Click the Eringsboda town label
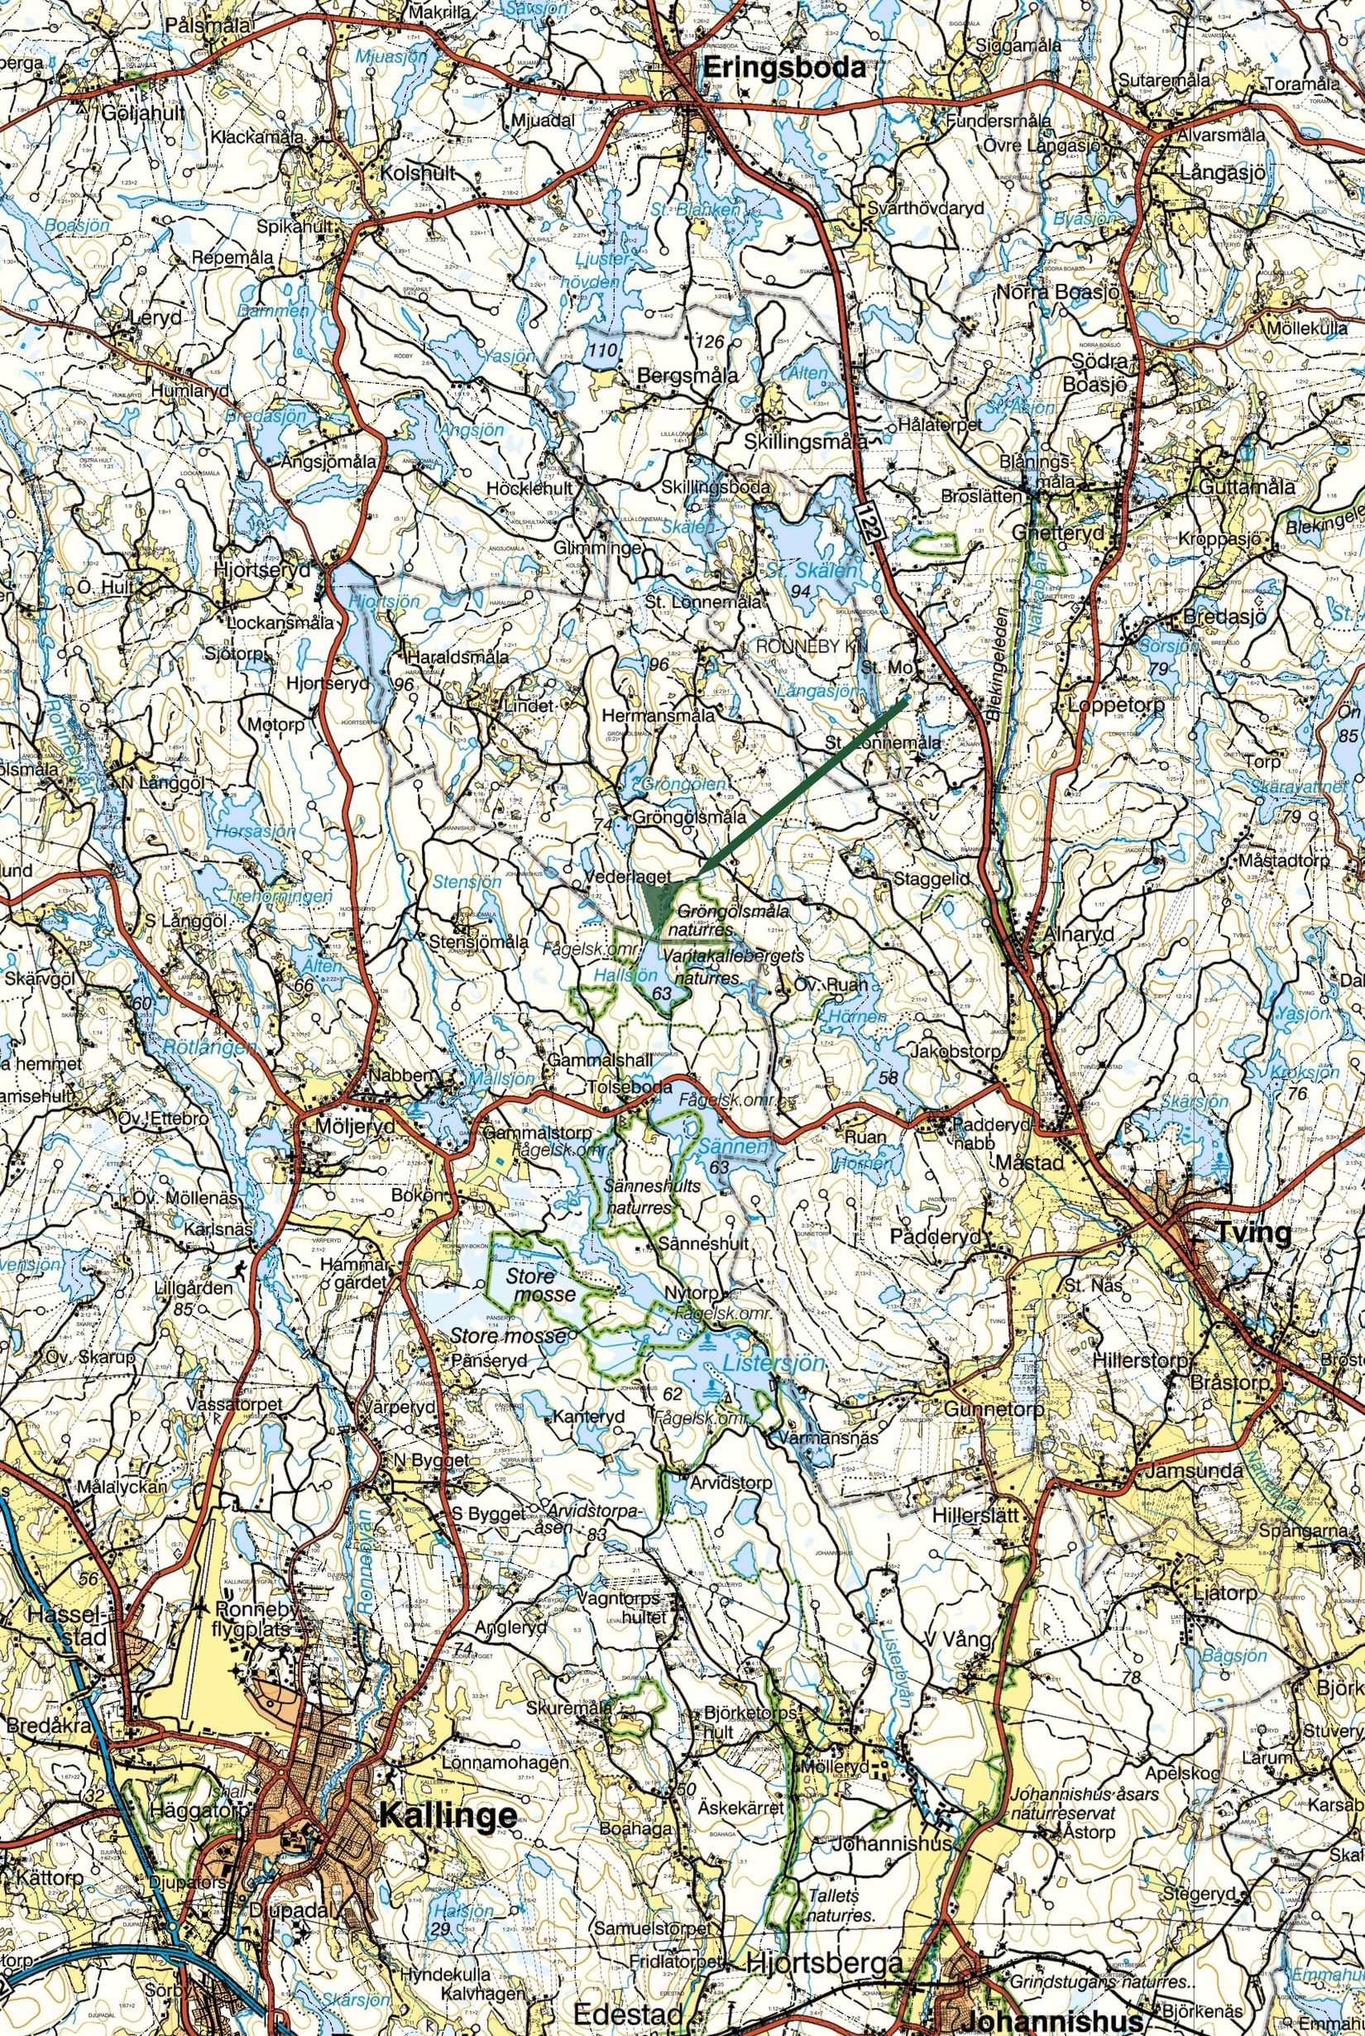click(785, 68)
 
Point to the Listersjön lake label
click(771, 1363)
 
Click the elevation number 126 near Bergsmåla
click(711, 342)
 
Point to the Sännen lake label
click(734, 1147)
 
